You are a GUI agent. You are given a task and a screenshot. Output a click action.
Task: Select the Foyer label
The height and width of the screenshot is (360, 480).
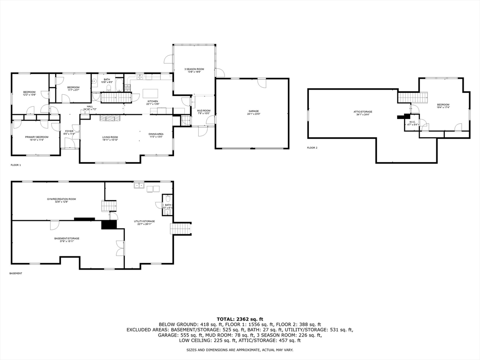(x=69, y=133)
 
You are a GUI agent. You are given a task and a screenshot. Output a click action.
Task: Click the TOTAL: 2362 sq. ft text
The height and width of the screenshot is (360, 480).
(x=240, y=318)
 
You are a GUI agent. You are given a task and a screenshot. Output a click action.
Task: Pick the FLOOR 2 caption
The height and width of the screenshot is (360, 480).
(x=312, y=148)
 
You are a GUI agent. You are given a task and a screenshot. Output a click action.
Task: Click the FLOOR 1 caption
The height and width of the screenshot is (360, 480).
(x=16, y=165)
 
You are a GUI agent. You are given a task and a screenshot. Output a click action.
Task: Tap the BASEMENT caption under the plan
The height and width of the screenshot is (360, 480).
(x=16, y=273)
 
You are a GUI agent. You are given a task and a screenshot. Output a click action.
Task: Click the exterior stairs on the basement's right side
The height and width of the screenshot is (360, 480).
(x=180, y=228)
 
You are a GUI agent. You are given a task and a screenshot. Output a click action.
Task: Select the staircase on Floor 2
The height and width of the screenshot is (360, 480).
(x=413, y=97)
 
